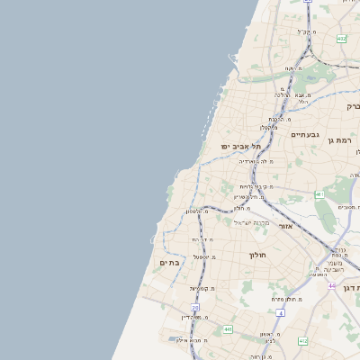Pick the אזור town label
[285, 226]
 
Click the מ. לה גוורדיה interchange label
[256, 161]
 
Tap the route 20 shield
[195, 308]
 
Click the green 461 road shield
[319, 194]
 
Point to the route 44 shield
[332, 285]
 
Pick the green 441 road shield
[228, 330]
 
